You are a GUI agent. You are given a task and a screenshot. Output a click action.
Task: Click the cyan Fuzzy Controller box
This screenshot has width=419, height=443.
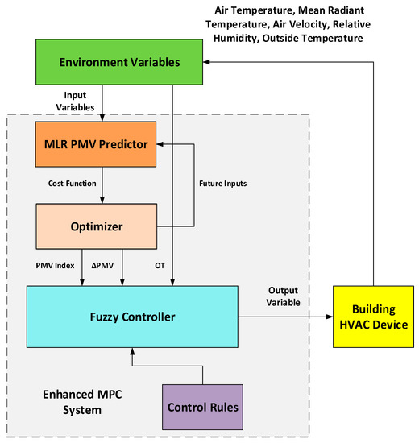point(132,317)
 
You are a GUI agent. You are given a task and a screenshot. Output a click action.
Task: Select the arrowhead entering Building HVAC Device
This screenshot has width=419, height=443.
point(327,317)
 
